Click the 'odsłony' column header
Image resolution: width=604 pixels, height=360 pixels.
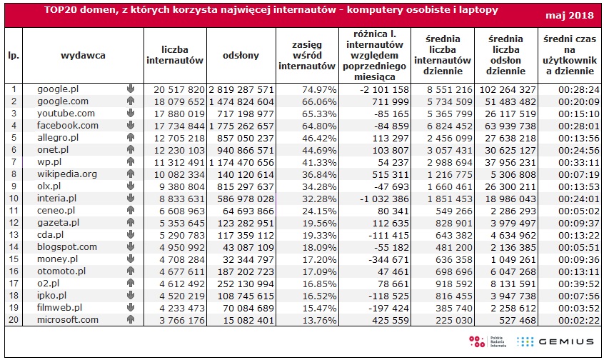coord(241,56)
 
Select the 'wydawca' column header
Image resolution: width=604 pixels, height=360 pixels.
coord(83,56)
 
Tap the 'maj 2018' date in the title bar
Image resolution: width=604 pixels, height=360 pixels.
coord(570,16)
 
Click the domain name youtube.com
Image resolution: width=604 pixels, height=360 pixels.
coord(66,114)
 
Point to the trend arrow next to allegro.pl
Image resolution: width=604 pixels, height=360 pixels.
coord(131,137)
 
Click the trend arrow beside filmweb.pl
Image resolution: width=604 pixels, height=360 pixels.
coord(131,307)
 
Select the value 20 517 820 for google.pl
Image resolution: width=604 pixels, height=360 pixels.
coord(179,90)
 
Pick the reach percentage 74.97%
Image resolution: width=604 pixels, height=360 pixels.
coord(319,90)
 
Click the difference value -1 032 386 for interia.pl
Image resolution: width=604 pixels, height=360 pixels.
coord(384,199)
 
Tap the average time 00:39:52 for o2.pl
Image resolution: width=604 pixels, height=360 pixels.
coord(579,284)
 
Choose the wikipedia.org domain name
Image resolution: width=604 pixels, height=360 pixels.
coord(67,174)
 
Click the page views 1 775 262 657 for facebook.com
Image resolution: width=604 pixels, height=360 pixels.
coord(241,126)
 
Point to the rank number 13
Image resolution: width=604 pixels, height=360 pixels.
coord(14,235)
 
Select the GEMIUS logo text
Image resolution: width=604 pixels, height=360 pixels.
coord(566,341)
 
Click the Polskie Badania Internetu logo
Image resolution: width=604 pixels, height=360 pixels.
coord(488,341)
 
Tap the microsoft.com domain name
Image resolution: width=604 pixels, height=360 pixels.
coord(68,319)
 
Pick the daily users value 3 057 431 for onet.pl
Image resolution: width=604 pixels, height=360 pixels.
coord(450,150)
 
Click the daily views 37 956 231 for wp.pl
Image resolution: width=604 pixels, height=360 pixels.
coord(510,163)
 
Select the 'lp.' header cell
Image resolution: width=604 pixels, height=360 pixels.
coord(14,56)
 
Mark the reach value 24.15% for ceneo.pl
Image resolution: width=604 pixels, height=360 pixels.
coord(319,211)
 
